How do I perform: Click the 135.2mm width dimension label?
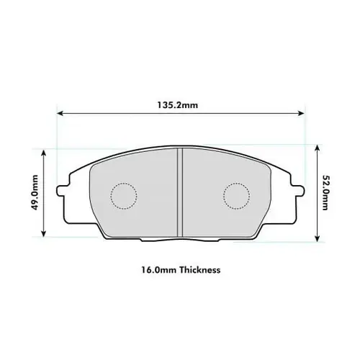pyautogui.click(x=178, y=105)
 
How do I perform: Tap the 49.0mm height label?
pyautogui.click(x=35, y=194)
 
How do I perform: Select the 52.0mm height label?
pyautogui.click(x=325, y=193)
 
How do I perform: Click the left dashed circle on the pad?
pyautogui.click(x=122, y=194)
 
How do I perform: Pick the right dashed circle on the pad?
pyautogui.click(x=235, y=194)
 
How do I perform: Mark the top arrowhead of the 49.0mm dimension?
pyautogui.click(x=45, y=152)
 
